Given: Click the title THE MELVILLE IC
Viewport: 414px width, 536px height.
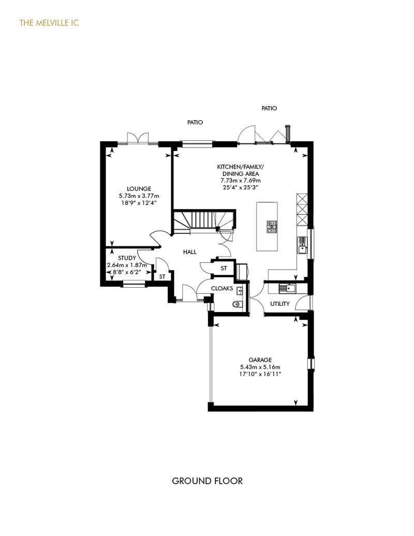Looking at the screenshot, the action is click(x=49, y=23).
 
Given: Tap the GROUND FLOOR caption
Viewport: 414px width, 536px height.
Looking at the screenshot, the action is click(x=207, y=481).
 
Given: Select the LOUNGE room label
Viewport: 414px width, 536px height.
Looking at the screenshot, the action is click(x=139, y=189).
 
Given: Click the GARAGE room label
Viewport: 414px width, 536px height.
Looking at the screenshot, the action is click(x=260, y=360).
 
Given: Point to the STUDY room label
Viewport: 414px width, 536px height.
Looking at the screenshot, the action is click(x=127, y=258).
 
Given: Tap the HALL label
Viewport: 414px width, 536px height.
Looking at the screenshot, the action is click(x=190, y=252).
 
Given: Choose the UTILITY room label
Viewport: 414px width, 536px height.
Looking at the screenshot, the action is click(x=280, y=304).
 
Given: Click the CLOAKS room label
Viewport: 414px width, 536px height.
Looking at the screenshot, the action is click(x=222, y=289).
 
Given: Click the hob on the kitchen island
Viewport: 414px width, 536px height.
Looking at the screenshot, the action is click(x=272, y=227).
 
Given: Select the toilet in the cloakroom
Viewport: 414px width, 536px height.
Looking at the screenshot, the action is click(x=236, y=304).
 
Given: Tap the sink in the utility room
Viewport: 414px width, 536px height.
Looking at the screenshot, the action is click(x=287, y=289).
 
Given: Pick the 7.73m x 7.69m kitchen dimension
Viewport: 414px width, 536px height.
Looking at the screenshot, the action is click(x=241, y=181).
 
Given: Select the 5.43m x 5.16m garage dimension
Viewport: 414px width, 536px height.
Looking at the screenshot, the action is click(x=260, y=367).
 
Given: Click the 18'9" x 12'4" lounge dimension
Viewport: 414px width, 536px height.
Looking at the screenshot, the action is click(x=139, y=203).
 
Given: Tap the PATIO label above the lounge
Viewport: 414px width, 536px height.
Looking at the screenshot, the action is click(x=195, y=122).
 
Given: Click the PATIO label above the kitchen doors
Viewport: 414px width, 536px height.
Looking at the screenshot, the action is click(x=269, y=108).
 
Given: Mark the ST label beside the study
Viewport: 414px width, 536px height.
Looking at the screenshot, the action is click(x=162, y=277).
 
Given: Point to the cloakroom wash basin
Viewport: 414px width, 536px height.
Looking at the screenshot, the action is click(x=239, y=291).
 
